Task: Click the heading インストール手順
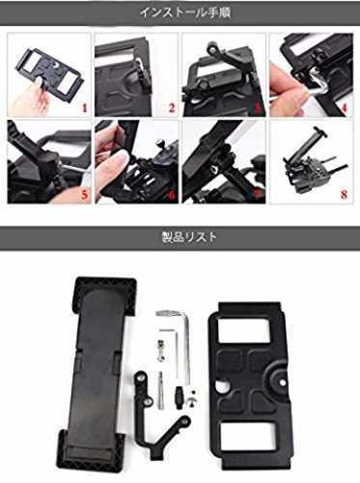pos(185,13)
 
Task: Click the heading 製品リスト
pos(189,238)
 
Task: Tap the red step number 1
pos(85,107)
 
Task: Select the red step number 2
pos(172,107)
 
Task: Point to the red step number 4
pos(344,107)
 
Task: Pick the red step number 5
pos(85,195)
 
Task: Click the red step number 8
pos(344,195)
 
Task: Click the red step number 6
pos(172,195)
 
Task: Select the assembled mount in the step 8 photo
pos(311,161)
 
